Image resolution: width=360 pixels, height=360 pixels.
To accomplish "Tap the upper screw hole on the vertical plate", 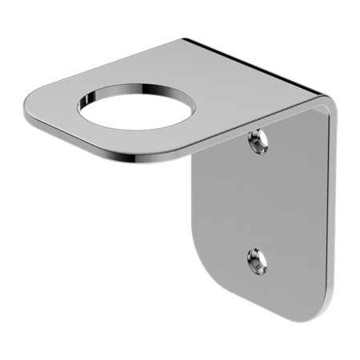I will point(258,142).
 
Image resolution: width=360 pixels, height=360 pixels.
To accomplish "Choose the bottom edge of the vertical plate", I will point(272,309).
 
